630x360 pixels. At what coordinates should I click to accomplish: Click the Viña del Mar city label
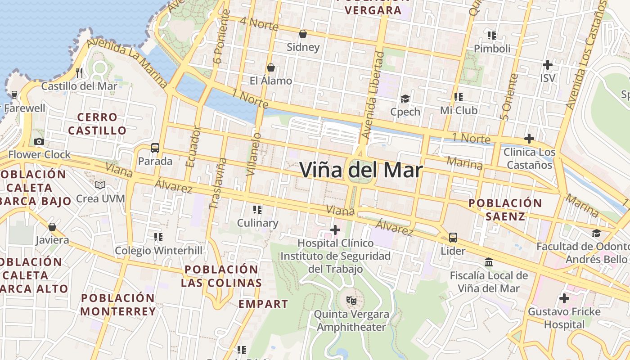point(361,171)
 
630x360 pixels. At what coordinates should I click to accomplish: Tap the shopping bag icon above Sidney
point(303,34)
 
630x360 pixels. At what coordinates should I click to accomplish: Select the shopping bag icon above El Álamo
point(271,67)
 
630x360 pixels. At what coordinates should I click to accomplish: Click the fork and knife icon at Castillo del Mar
point(80,72)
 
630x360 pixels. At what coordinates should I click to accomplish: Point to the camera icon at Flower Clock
point(39,142)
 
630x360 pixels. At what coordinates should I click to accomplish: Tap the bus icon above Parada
point(155,148)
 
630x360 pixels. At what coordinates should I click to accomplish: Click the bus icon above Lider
point(453,238)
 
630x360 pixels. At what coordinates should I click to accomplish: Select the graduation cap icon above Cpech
point(405,99)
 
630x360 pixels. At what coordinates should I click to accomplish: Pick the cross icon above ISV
point(548,65)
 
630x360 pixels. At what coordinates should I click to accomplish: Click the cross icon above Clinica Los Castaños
point(529,139)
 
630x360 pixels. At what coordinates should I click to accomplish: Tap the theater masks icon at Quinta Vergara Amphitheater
point(351,300)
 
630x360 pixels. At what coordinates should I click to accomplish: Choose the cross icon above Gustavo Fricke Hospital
point(564,298)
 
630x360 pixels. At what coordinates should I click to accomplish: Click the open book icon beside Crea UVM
point(100,185)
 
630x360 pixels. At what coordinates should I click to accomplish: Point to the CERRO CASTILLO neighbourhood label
point(97,124)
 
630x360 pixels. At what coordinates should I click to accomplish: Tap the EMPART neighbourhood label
point(263,304)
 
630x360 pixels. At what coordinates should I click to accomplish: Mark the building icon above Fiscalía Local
point(489,262)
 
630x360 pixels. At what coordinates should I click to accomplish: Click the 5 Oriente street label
point(510,97)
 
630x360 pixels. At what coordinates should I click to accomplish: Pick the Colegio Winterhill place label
point(158,251)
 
